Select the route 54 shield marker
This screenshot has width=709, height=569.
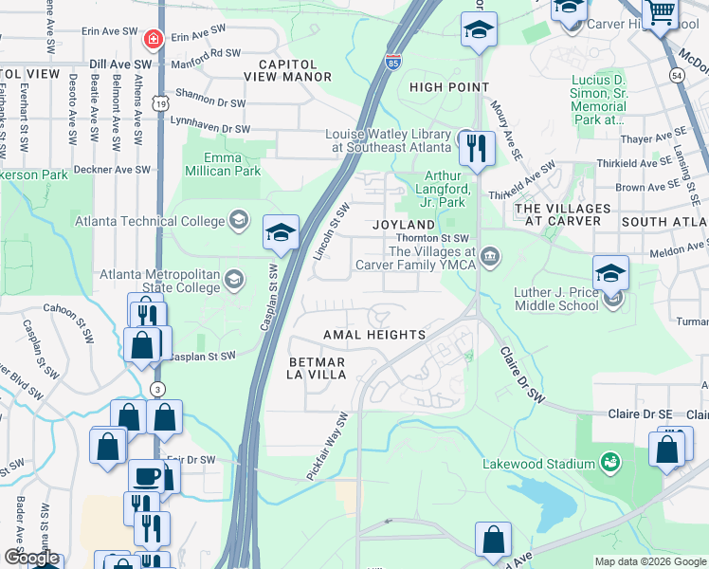pos(676,74)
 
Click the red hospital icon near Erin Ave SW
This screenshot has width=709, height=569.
pos(152,39)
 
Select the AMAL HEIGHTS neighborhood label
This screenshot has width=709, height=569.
pos(373,336)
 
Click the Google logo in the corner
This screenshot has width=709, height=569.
pos(31,558)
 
